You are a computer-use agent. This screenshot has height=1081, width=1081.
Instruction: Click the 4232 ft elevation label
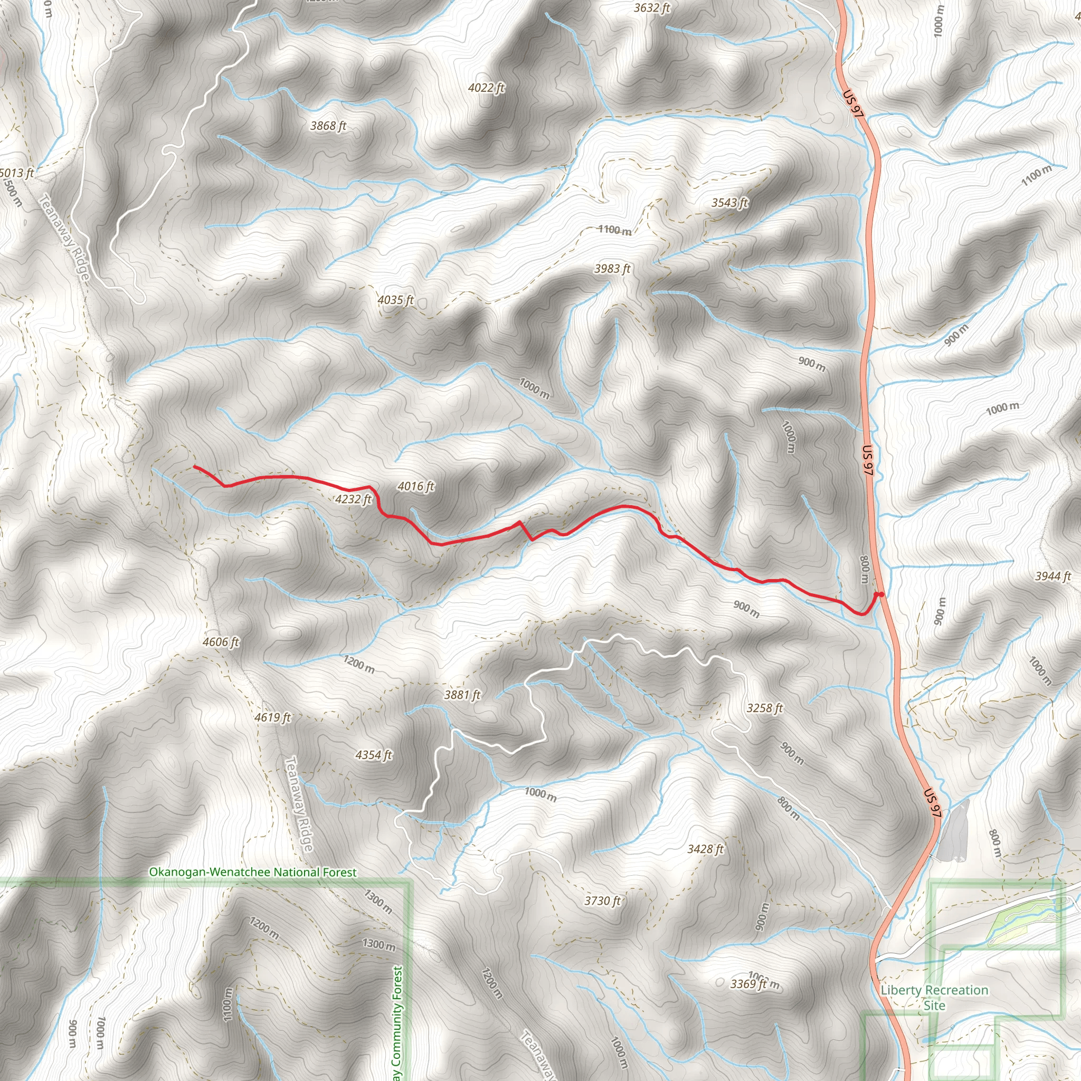[353, 499]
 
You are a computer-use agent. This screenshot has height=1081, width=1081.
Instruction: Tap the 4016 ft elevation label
[416, 486]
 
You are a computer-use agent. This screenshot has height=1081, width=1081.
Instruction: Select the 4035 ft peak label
[395, 300]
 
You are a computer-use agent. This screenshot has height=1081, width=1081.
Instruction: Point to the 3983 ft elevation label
[612, 269]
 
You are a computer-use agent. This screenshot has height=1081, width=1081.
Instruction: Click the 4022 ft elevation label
[486, 87]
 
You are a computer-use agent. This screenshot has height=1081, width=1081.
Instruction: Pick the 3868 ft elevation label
[328, 126]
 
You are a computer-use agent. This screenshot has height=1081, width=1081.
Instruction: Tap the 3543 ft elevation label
[729, 203]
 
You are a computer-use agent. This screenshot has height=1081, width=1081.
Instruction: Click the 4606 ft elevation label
[221, 642]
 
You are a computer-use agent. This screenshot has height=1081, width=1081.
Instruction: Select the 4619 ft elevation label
[272, 717]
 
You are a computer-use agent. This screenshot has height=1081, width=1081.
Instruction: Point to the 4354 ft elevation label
[374, 755]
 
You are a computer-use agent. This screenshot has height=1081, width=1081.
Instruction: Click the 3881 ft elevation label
[462, 695]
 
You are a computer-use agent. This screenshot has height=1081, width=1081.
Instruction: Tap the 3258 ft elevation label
[764, 708]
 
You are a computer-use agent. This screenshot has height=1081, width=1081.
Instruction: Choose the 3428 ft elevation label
[705, 849]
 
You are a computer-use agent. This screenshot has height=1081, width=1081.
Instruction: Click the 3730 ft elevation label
[603, 901]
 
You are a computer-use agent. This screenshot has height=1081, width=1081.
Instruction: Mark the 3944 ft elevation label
[1052, 576]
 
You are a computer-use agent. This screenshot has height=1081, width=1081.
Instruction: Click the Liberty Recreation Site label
[934, 998]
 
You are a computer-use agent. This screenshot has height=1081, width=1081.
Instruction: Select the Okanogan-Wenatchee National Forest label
[252, 873]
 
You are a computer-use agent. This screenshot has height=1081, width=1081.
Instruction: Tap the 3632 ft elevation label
[652, 8]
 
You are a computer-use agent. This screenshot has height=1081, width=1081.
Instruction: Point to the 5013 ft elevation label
[17, 173]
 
